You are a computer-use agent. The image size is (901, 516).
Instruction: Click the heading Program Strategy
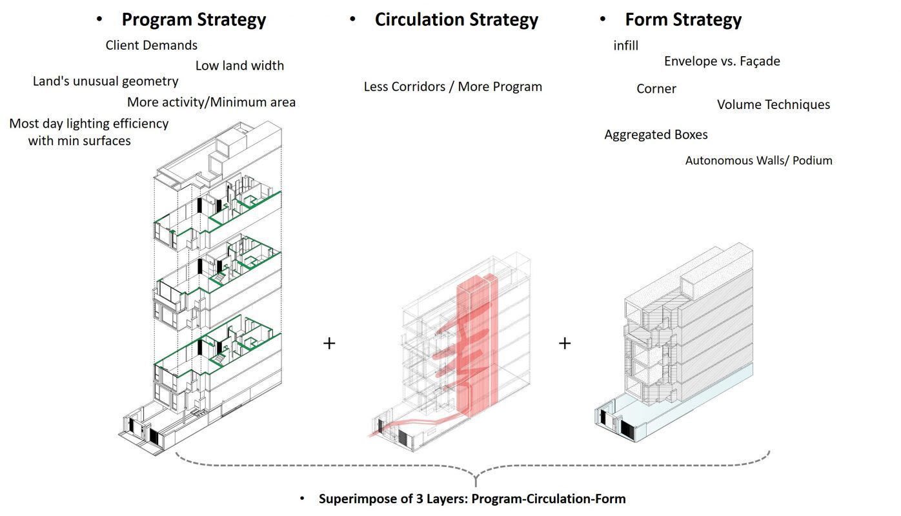(194, 20)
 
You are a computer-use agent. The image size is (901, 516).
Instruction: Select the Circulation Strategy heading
(456, 20)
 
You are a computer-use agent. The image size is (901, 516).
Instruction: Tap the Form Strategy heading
(683, 20)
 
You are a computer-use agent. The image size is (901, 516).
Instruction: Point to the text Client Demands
(151, 45)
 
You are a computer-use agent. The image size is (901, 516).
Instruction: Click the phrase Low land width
(239, 66)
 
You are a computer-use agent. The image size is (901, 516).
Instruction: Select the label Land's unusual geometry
(105, 81)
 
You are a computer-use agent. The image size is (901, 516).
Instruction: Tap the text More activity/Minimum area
(211, 102)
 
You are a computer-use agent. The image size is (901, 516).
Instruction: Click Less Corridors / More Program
(453, 87)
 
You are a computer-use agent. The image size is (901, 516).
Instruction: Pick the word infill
(625, 46)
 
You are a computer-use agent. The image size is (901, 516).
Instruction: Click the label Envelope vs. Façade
(722, 61)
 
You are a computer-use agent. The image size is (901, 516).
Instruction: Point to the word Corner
(656, 89)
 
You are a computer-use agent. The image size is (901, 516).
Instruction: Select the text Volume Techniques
(773, 105)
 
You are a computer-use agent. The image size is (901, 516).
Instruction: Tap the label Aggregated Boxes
(656, 135)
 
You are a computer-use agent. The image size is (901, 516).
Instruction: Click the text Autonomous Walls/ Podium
(758, 161)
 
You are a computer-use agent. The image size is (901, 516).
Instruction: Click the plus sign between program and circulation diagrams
(329, 343)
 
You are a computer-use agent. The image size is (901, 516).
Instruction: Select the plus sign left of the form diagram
(565, 343)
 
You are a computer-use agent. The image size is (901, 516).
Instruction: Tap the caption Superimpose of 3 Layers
(472, 499)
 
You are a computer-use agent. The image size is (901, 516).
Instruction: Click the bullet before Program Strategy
(99, 19)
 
